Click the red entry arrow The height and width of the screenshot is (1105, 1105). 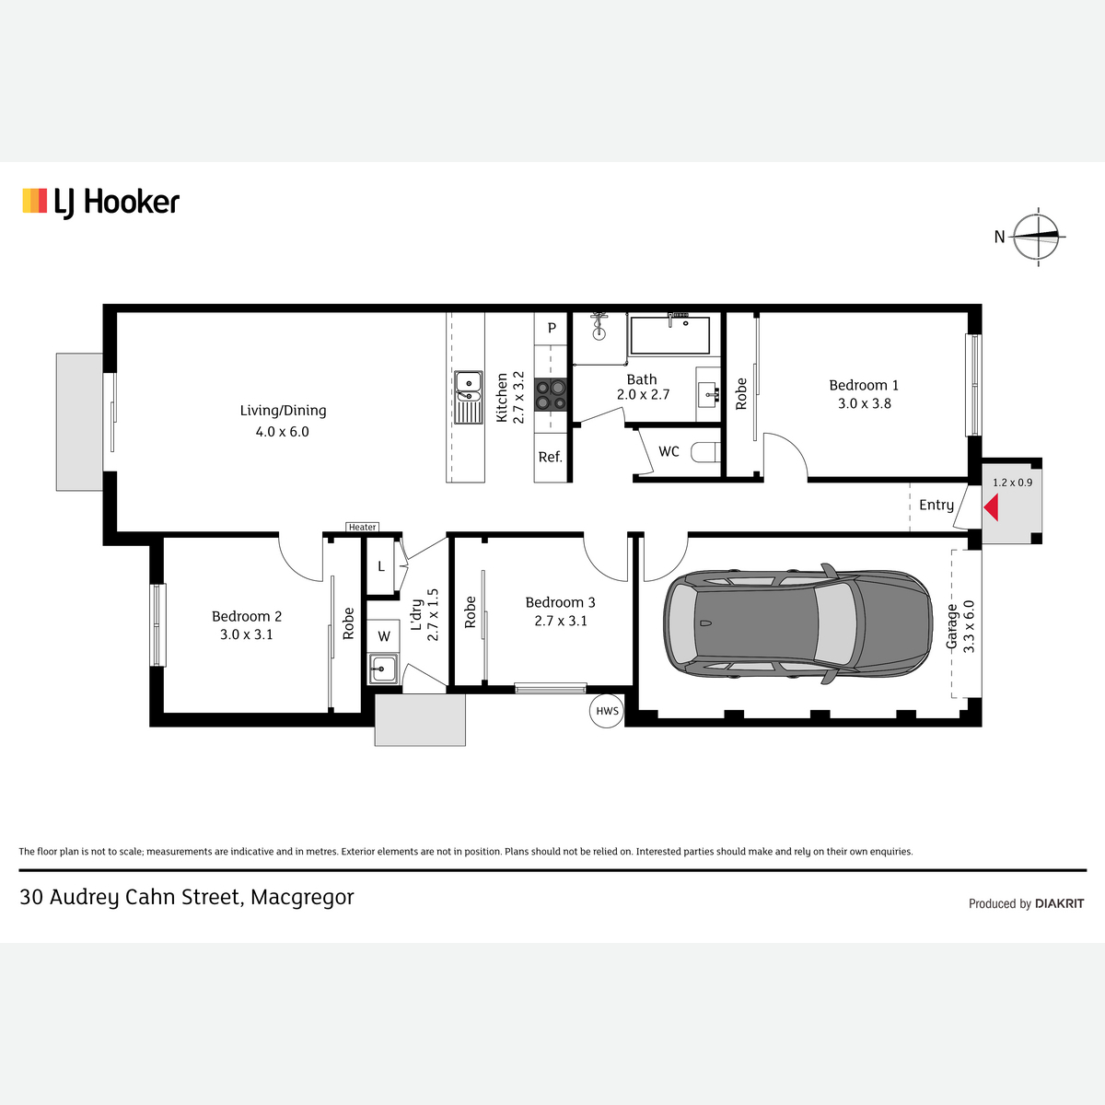(992, 507)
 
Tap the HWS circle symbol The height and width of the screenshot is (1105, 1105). (607, 711)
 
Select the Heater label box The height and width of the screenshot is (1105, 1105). (363, 527)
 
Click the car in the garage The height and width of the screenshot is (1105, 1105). (797, 624)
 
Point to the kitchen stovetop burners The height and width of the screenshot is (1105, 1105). (551, 394)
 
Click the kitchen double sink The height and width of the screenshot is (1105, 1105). (469, 398)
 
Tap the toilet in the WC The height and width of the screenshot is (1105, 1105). (705, 452)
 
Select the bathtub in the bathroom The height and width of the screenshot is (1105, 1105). (669, 335)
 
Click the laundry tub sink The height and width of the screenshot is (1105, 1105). (383, 669)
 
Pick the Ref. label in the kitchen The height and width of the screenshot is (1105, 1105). (550, 457)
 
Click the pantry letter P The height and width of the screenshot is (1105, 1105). (552, 328)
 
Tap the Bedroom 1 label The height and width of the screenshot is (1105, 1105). (864, 385)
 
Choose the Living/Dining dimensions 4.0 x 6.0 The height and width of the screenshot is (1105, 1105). (282, 432)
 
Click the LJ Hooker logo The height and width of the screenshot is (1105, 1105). (101, 203)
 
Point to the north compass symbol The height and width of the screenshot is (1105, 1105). (1036, 237)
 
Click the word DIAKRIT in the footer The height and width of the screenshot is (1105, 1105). (1059, 903)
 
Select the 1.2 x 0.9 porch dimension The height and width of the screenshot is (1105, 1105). (1012, 483)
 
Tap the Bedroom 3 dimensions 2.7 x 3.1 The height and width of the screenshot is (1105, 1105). (561, 621)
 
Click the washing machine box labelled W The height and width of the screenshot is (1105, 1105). (384, 636)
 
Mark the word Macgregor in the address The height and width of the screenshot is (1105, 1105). (302, 898)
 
